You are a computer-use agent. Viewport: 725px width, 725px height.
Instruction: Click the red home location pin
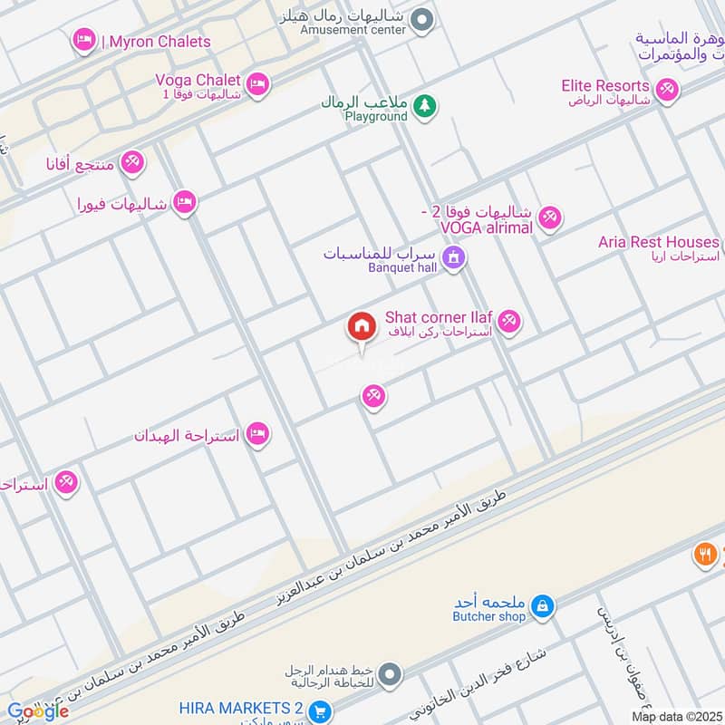tap(361, 327)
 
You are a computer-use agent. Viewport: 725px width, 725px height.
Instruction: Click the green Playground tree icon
tap(424, 107)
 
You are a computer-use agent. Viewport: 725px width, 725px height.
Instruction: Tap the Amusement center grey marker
tap(420, 19)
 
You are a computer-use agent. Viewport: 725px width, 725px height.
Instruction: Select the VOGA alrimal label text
tap(486, 227)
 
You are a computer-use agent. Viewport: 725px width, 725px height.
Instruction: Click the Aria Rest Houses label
tap(658, 242)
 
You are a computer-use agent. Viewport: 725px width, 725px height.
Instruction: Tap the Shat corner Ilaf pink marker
tap(508, 321)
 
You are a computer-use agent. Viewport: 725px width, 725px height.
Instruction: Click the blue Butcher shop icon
tap(542, 605)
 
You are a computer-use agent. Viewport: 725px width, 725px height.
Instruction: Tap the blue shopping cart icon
tap(318, 711)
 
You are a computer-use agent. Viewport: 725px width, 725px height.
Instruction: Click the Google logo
tap(37, 711)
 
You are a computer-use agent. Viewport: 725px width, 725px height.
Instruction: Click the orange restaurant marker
tap(706, 554)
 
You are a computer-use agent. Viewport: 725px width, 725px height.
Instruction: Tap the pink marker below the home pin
tap(372, 396)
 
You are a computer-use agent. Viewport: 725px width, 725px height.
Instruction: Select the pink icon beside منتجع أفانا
tap(132, 162)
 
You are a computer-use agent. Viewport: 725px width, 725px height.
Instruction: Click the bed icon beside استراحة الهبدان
tap(258, 434)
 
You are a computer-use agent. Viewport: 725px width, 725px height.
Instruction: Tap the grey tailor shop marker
tap(390, 673)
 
